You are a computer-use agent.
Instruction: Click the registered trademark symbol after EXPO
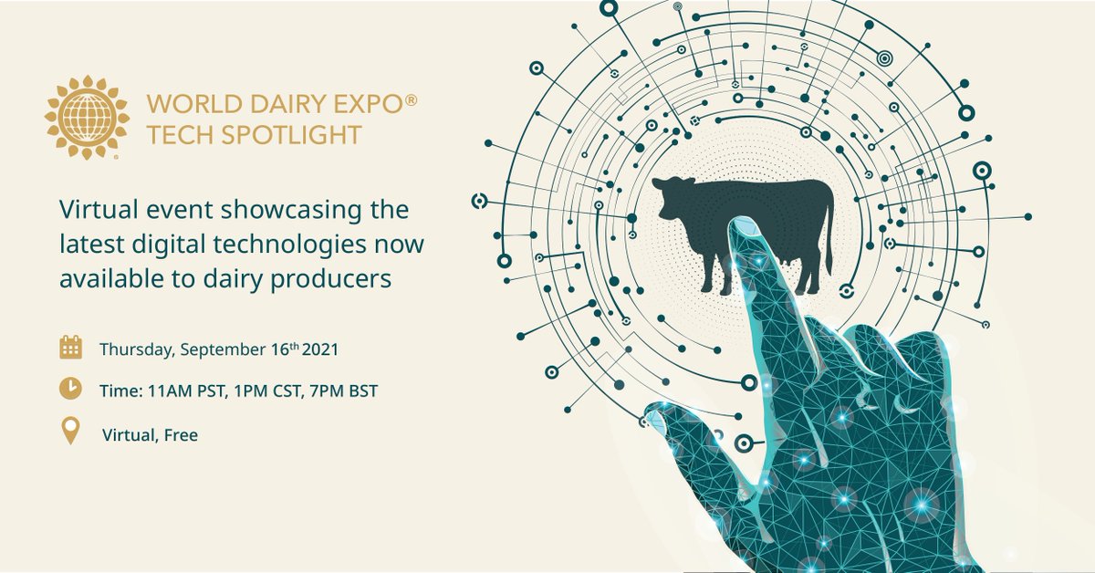click(x=411, y=106)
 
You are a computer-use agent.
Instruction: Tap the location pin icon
click(x=70, y=432)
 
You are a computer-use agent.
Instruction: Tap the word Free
click(x=182, y=435)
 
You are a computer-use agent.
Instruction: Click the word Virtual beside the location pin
click(x=128, y=435)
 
